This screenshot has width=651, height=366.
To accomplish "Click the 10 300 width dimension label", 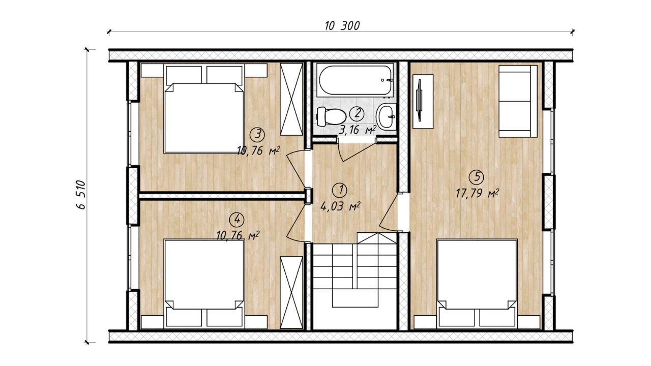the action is pyautogui.click(x=342, y=26).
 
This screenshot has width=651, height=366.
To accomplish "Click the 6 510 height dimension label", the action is pyautogui.click(x=81, y=195).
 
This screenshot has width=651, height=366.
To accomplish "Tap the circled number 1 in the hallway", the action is pyautogui.click(x=339, y=190).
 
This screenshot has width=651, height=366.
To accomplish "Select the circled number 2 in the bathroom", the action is pyautogui.click(x=357, y=113).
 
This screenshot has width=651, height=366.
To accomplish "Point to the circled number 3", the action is pyautogui.click(x=258, y=135).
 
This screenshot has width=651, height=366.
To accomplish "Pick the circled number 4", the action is pyautogui.click(x=237, y=220).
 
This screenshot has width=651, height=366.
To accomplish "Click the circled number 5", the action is pyautogui.click(x=477, y=177).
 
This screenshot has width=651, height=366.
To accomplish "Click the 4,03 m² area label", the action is pyautogui.click(x=340, y=206).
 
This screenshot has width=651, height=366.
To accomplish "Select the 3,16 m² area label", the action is pyautogui.click(x=358, y=130).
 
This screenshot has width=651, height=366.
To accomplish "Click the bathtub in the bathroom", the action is pyautogui.click(x=355, y=80).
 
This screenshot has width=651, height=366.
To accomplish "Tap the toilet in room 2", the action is pyautogui.click(x=331, y=116).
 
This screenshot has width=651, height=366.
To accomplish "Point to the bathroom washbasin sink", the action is pyautogui.click(x=386, y=116).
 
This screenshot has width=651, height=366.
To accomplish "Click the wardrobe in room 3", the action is pyautogui.click(x=291, y=99).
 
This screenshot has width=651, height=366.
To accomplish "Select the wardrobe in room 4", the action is pyautogui.click(x=291, y=292).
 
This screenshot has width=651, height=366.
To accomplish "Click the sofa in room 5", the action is pyautogui.click(x=518, y=101).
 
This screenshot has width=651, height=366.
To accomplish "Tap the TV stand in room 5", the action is pyautogui.click(x=423, y=101).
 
